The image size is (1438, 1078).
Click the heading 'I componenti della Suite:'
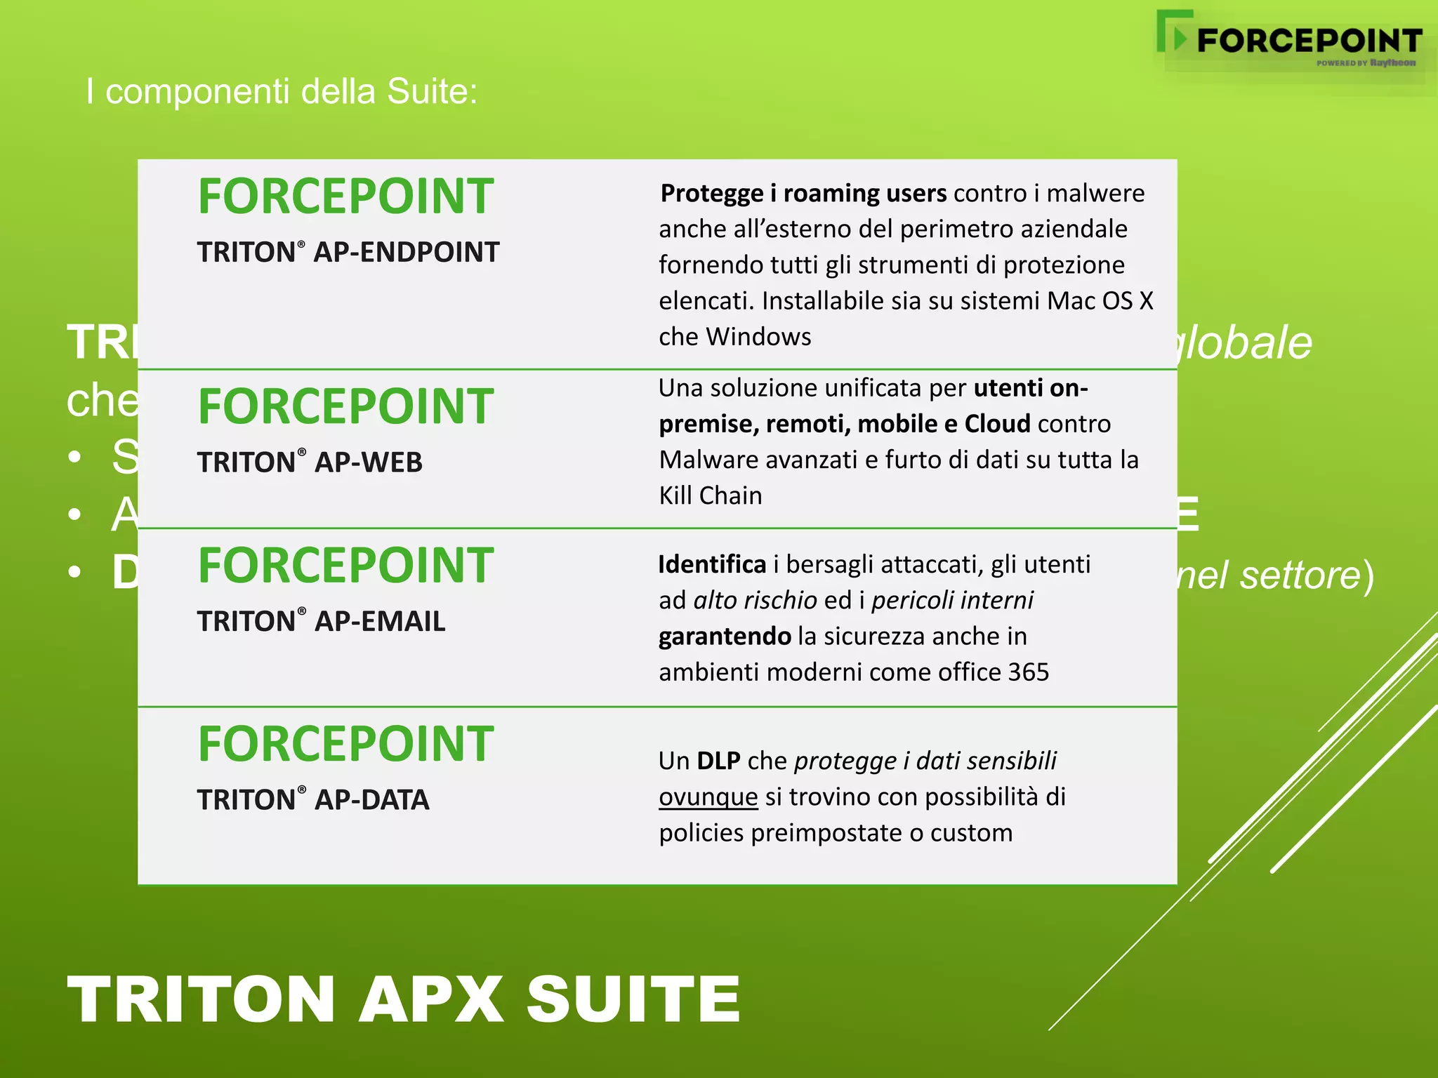click(x=282, y=92)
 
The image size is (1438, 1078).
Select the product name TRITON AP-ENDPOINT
click(x=348, y=253)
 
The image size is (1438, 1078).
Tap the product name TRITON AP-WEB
click(x=310, y=463)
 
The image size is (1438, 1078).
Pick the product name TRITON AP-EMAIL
click(x=321, y=622)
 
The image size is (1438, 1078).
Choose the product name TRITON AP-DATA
click(x=312, y=800)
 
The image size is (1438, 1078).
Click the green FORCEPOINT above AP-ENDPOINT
click(x=345, y=197)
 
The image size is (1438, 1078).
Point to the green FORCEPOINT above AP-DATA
click(x=345, y=744)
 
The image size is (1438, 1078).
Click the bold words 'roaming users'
click(x=865, y=193)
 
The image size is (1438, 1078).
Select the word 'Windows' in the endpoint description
click(x=758, y=337)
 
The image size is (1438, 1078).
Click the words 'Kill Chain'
click(x=710, y=495)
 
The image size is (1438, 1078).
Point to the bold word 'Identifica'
click(x=712, y=564)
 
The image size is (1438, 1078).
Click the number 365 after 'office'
click(x=1028, y=672)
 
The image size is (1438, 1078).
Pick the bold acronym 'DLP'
click(x=718, y=761)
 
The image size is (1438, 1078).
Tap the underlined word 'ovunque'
click(x=708, y=797)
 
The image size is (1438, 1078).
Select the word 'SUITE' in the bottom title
click(x=633, y=999)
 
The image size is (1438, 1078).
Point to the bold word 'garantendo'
click(x=725, y=637)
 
